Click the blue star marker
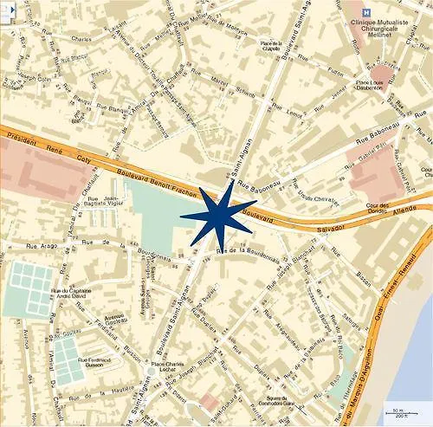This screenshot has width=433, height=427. (x=217, y=215)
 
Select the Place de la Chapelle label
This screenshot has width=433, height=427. (x=275, y=47)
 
